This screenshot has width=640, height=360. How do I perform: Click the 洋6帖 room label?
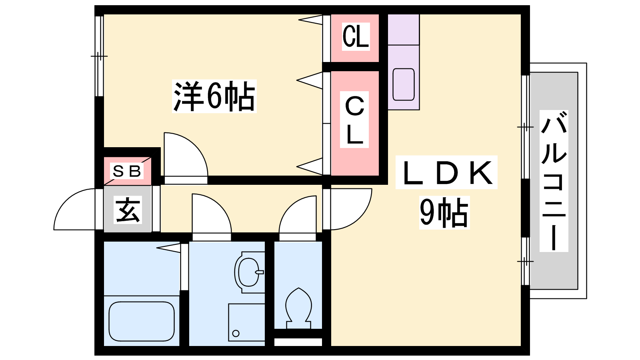[x=214, y=96]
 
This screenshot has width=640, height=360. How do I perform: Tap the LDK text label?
[x=446, y=172]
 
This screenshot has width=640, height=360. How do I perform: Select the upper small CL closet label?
[x=355, y=36]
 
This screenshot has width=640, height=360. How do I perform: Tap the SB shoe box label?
[x=127, y=171]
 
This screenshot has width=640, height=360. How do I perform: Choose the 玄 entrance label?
[x=128, y=210]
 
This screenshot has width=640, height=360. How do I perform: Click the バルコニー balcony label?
[x=554, y=181]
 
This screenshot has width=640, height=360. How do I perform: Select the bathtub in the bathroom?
[x=142, y=321]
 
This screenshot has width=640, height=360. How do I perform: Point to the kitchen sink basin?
[x=403, y=84]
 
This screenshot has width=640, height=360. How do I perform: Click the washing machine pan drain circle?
[x=236, y=333]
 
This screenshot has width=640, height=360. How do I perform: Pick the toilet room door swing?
[x=298, y=216]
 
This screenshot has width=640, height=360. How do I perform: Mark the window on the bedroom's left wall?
[x=99, y=56]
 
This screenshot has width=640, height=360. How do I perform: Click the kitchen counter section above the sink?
[x=403, y=30]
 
